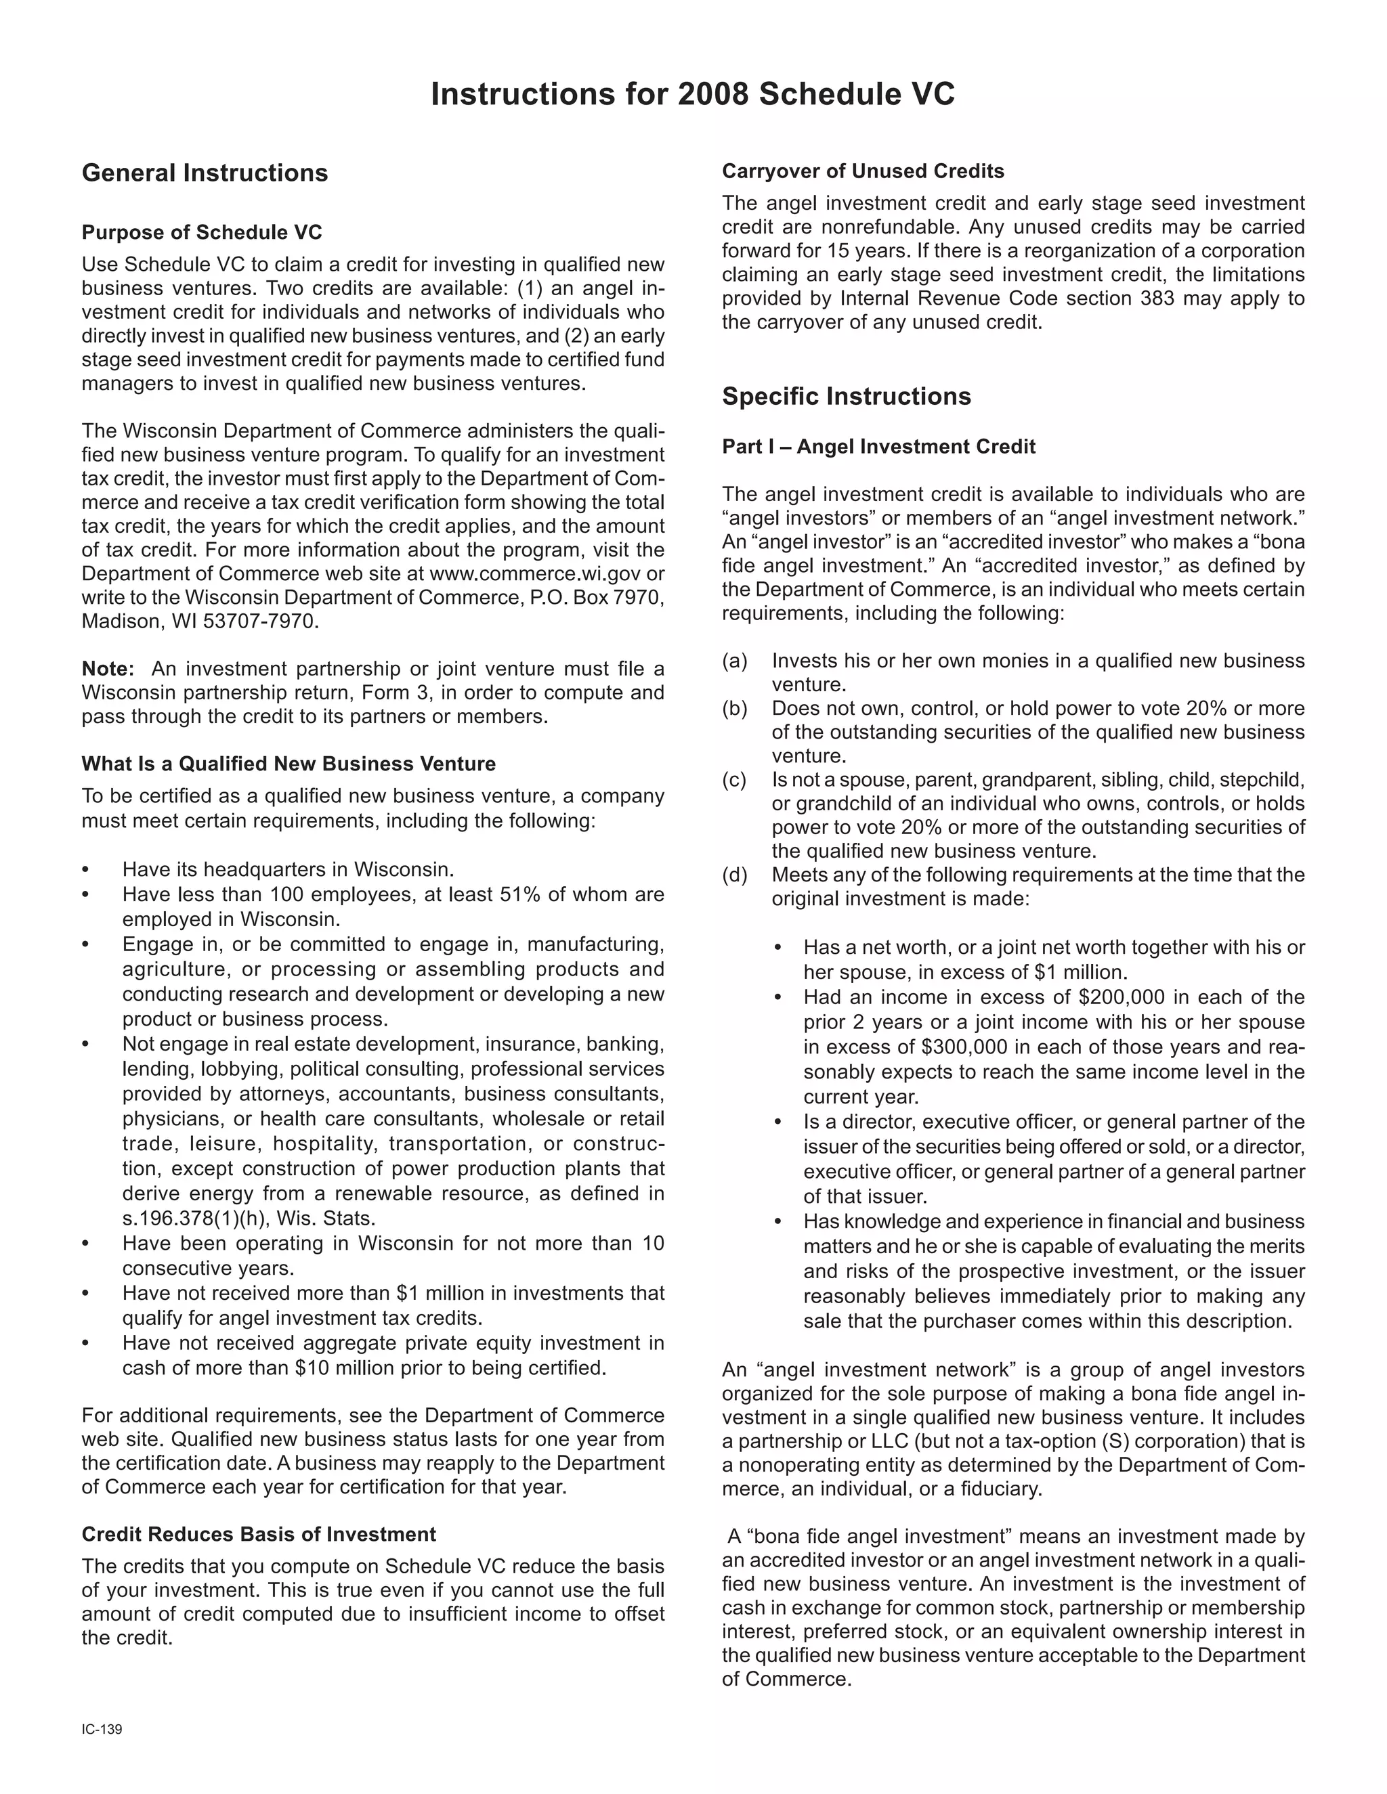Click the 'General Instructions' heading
[x=205, y=173]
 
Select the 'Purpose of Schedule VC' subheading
[x=201, y=232]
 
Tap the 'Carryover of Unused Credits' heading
[x=863, y=171]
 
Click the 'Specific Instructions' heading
[x=847, y=397]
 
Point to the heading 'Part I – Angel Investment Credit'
[x=878, y=447]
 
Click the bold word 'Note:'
[x=108, y=669]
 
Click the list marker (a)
[x=735, y=661]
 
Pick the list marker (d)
[x=735, y=875]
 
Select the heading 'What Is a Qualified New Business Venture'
[x=289, y=764]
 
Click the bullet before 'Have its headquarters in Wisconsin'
[x=85, y=870]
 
